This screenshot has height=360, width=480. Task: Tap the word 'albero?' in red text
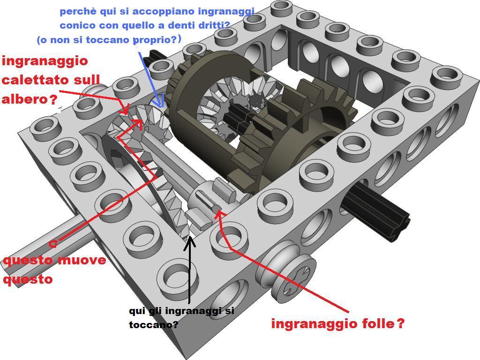[x=30, y=99]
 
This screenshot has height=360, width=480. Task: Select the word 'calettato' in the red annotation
[x=35, y=80]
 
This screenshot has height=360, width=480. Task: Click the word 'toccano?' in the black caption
[x=153, y=324]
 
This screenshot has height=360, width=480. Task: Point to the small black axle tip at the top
[x=155, y=59]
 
